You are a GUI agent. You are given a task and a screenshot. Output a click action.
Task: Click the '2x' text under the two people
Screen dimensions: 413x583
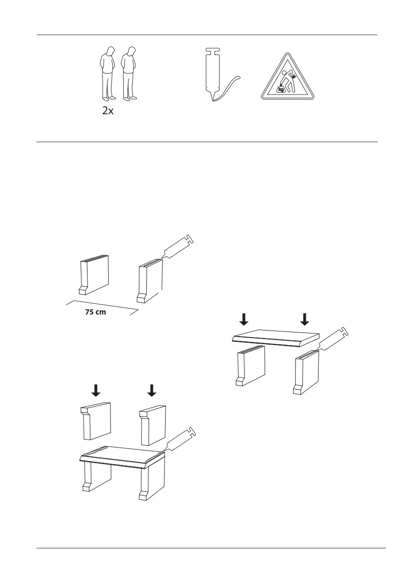click(108, 111)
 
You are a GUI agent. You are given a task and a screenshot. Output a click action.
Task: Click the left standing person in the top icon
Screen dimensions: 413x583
click(108, 74)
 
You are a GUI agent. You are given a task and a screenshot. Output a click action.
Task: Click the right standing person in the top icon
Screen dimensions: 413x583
click(129, 74)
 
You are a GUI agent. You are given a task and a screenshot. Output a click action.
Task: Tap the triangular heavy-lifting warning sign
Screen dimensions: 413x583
click(287, 77)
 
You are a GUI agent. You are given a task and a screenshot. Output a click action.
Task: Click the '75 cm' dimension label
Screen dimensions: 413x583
click(95, 312)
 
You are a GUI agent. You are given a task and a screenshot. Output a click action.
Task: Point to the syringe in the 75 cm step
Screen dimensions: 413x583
click(178, 246)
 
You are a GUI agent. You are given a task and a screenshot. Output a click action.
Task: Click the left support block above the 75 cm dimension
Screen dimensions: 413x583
click(94, 275)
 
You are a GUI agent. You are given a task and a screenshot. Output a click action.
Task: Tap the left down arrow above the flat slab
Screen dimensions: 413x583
click(244, 319)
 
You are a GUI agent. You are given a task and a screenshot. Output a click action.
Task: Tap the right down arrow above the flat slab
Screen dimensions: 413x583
click(304, 319)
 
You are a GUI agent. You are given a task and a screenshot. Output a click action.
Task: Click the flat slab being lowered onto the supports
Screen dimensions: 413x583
click(276, 338)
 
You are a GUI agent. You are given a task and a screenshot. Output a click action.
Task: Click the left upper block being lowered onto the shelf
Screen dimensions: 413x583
click(95, 421)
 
